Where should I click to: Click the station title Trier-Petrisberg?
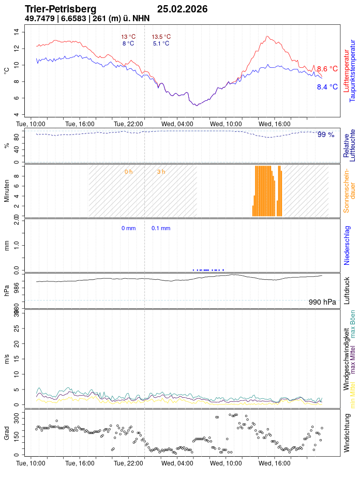pos(60,9)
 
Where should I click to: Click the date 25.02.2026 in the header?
pos(182,9)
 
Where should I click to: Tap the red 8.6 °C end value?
pos(327,69)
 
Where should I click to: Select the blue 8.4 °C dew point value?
pos(327,87)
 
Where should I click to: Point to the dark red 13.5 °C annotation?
pos(161,37)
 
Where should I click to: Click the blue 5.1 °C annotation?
pos(161,44)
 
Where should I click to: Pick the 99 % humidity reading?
pos(326,135)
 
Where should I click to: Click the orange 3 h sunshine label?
pos(161,172)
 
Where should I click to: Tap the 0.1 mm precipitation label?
pos(161,228)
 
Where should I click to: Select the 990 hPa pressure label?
pos(322,303)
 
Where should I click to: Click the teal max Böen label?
pos(353,324)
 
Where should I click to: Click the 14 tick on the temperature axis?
pos(16,32)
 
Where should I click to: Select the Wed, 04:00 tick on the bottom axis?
pos(177,463)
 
